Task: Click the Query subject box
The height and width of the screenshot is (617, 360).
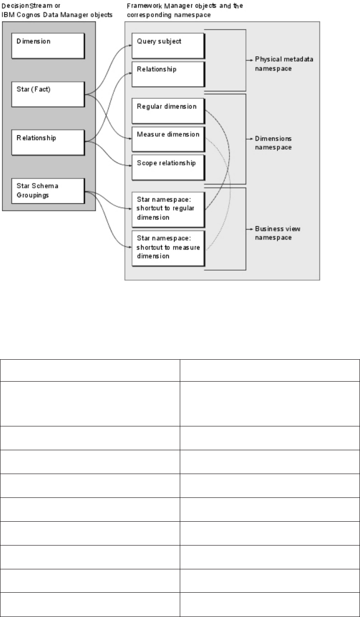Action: tap(167, 45)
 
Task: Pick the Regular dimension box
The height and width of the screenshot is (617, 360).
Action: tap(167, 110)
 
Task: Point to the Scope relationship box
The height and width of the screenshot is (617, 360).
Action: tap(167, 167)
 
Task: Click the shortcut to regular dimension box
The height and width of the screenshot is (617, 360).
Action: tap(167, 209)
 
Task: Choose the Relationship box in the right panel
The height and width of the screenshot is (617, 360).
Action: tap(167, 73)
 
